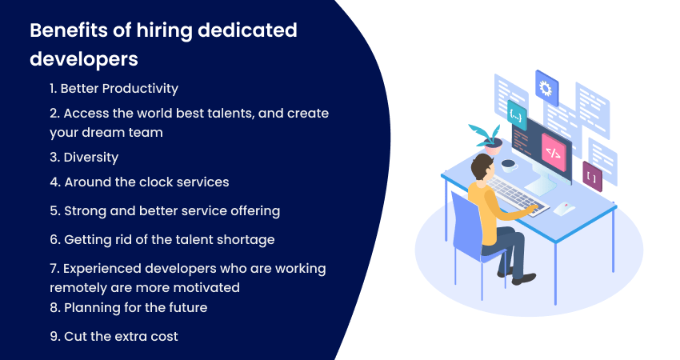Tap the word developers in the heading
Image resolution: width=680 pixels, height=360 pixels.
click(x=83, y=59)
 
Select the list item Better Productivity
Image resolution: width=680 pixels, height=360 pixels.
click(x=114, y=88)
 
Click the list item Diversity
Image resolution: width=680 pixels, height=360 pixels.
click(x=84, y=157)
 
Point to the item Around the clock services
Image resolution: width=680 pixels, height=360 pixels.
click(x=139, y=182)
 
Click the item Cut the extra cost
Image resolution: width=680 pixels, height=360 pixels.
click(x=114, y=336)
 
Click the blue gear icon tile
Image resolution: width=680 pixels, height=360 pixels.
click(x=547, y=86)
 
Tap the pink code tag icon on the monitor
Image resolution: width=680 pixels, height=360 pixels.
click(x=552, y=148)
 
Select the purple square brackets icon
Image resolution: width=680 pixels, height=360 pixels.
click(x=592, y=176)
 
